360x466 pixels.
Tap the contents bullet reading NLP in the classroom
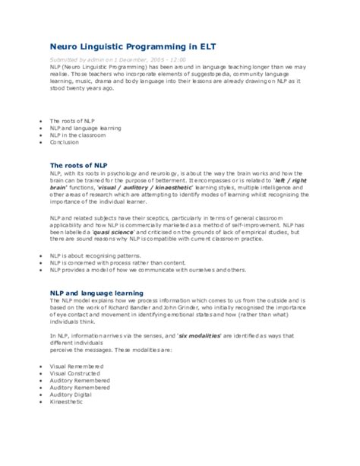click(x=78, y=135)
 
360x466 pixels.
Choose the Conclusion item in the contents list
click(x=65, y=141)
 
